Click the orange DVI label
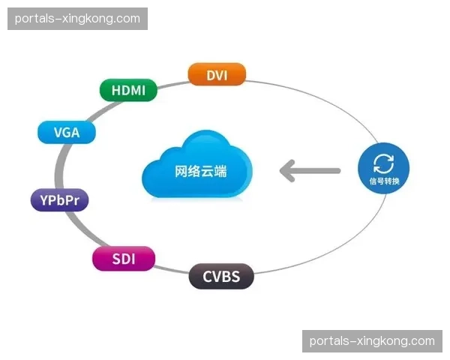point(216,74)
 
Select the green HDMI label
point(128,90)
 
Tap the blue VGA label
point(67,133)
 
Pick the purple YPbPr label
point(59,200)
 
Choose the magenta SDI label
point(124,259)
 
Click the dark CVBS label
point(221,276)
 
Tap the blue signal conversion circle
point(383,169)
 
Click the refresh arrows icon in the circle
point(383,163)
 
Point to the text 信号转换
point(383,182)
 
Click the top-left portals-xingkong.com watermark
point(77,19)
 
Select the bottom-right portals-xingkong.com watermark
point(372,341)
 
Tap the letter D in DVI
point(208,74)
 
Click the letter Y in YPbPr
point(40,200)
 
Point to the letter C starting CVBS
point(208,276)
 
